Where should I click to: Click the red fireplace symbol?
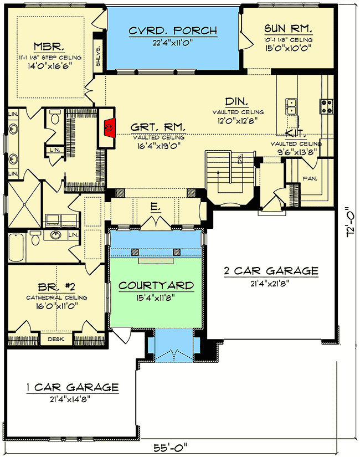pyautogui.click(x=109, y=127)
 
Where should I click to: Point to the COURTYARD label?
pyautogui.click(x=157, y=286)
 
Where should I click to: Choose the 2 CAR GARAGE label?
pyautogui.click(x=271, y=271)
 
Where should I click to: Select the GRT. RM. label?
pyautogui.click(x=158, y=127)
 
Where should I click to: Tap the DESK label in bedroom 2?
pyautogui.click(x=54, y=339)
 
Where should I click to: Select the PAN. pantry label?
pyautogui.click(x=309, y=178)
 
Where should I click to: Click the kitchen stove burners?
pyautogui.click(x=325, y=104)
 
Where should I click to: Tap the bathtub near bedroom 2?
pyautogui.click(x=15, y=249)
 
